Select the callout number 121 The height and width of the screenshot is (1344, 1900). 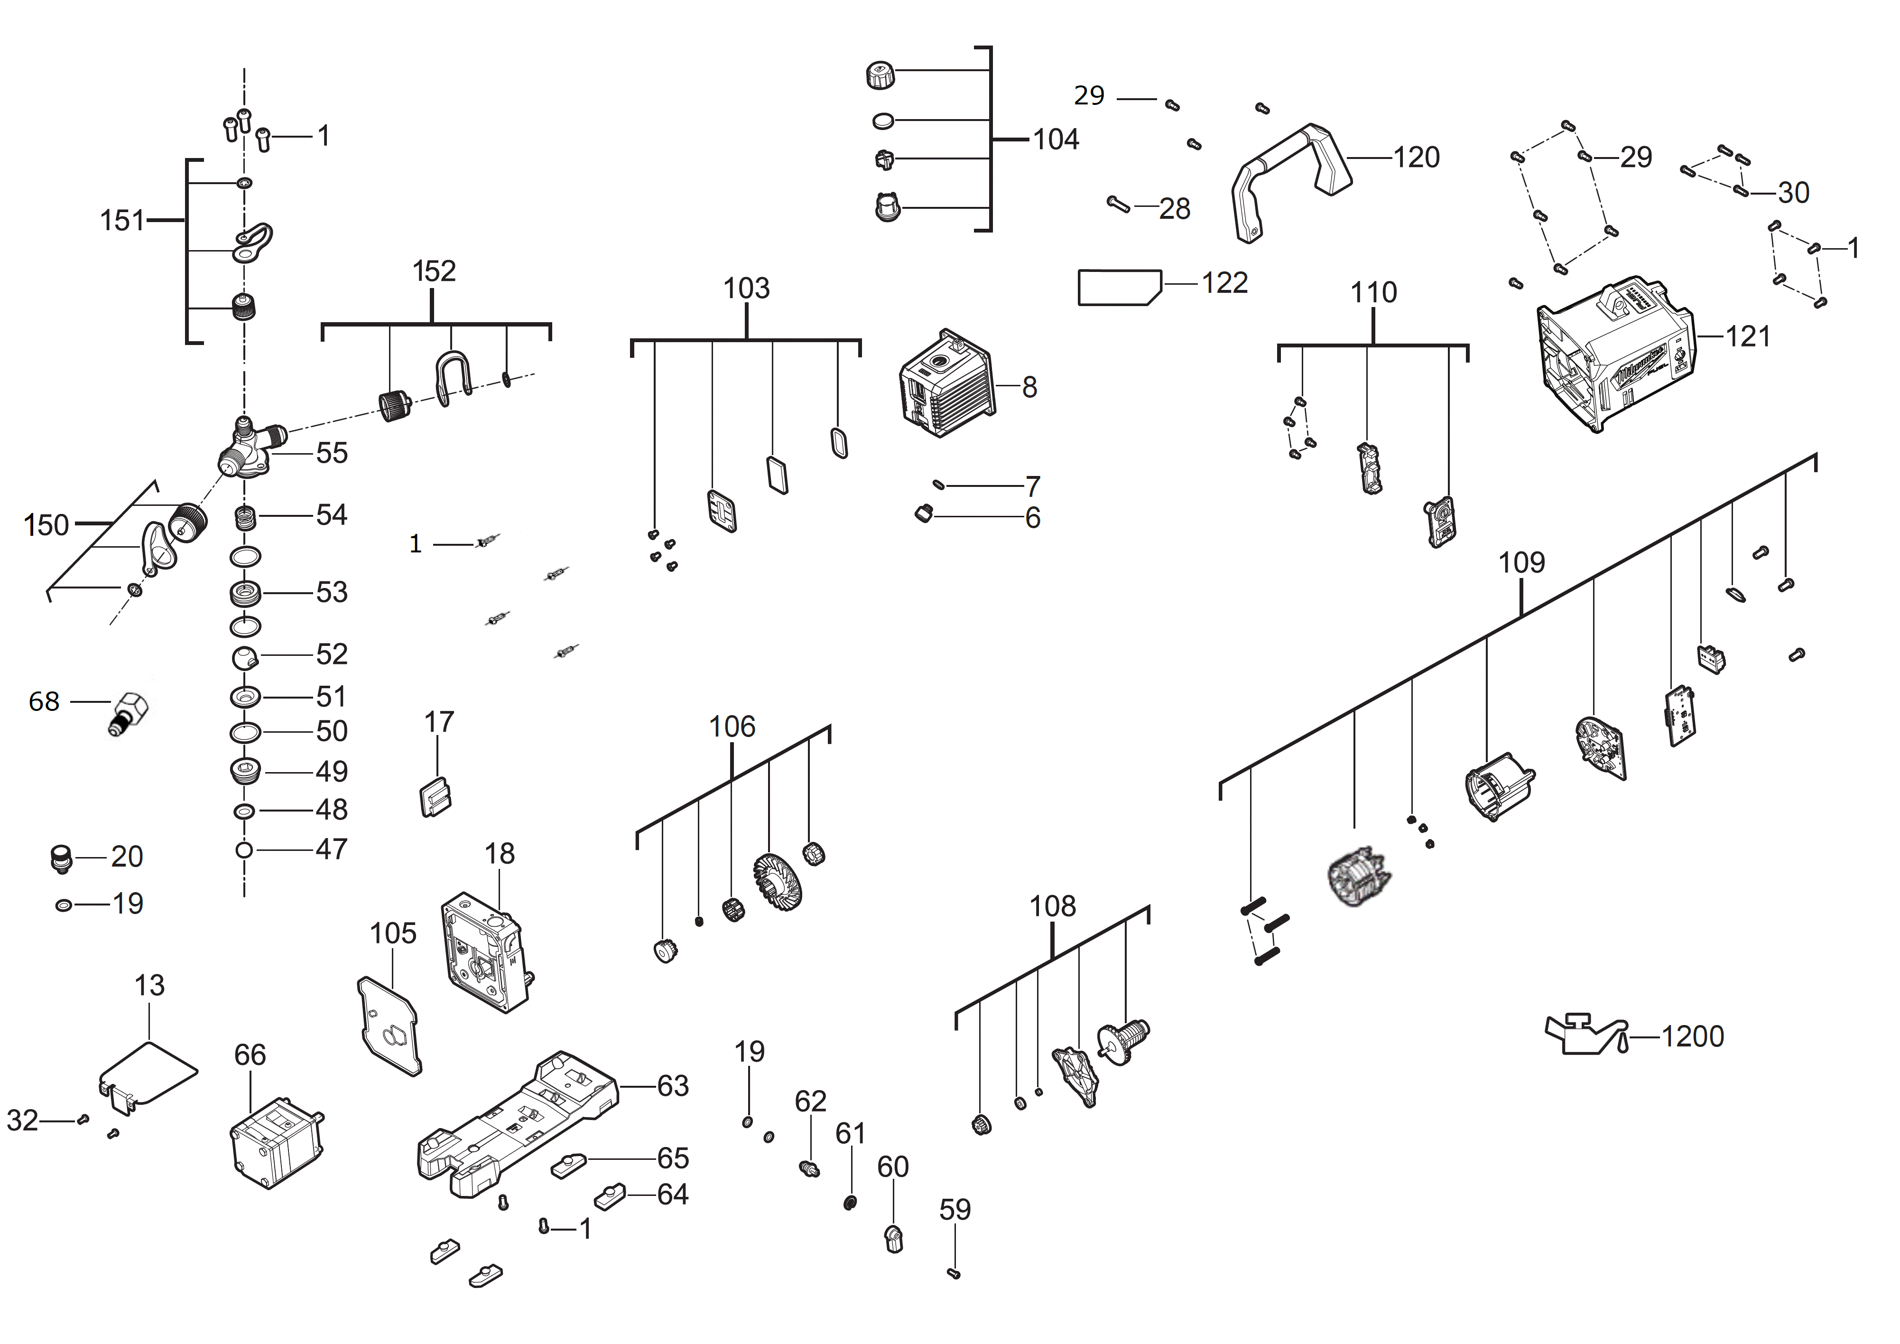click(x=1748, y=337)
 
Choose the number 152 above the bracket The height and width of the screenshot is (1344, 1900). click(x=434, y=271)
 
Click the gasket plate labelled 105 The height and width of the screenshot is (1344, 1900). click(x=389, y=1026)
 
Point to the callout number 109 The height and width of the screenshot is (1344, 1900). click(x=1521, y=563)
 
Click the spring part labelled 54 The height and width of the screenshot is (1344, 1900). click(x=245, y=519)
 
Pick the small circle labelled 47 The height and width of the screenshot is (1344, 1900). click(x=244, y=850)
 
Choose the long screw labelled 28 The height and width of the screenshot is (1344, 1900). click(x=1118, y=204)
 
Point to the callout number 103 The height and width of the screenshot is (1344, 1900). click(x=746, y=289)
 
